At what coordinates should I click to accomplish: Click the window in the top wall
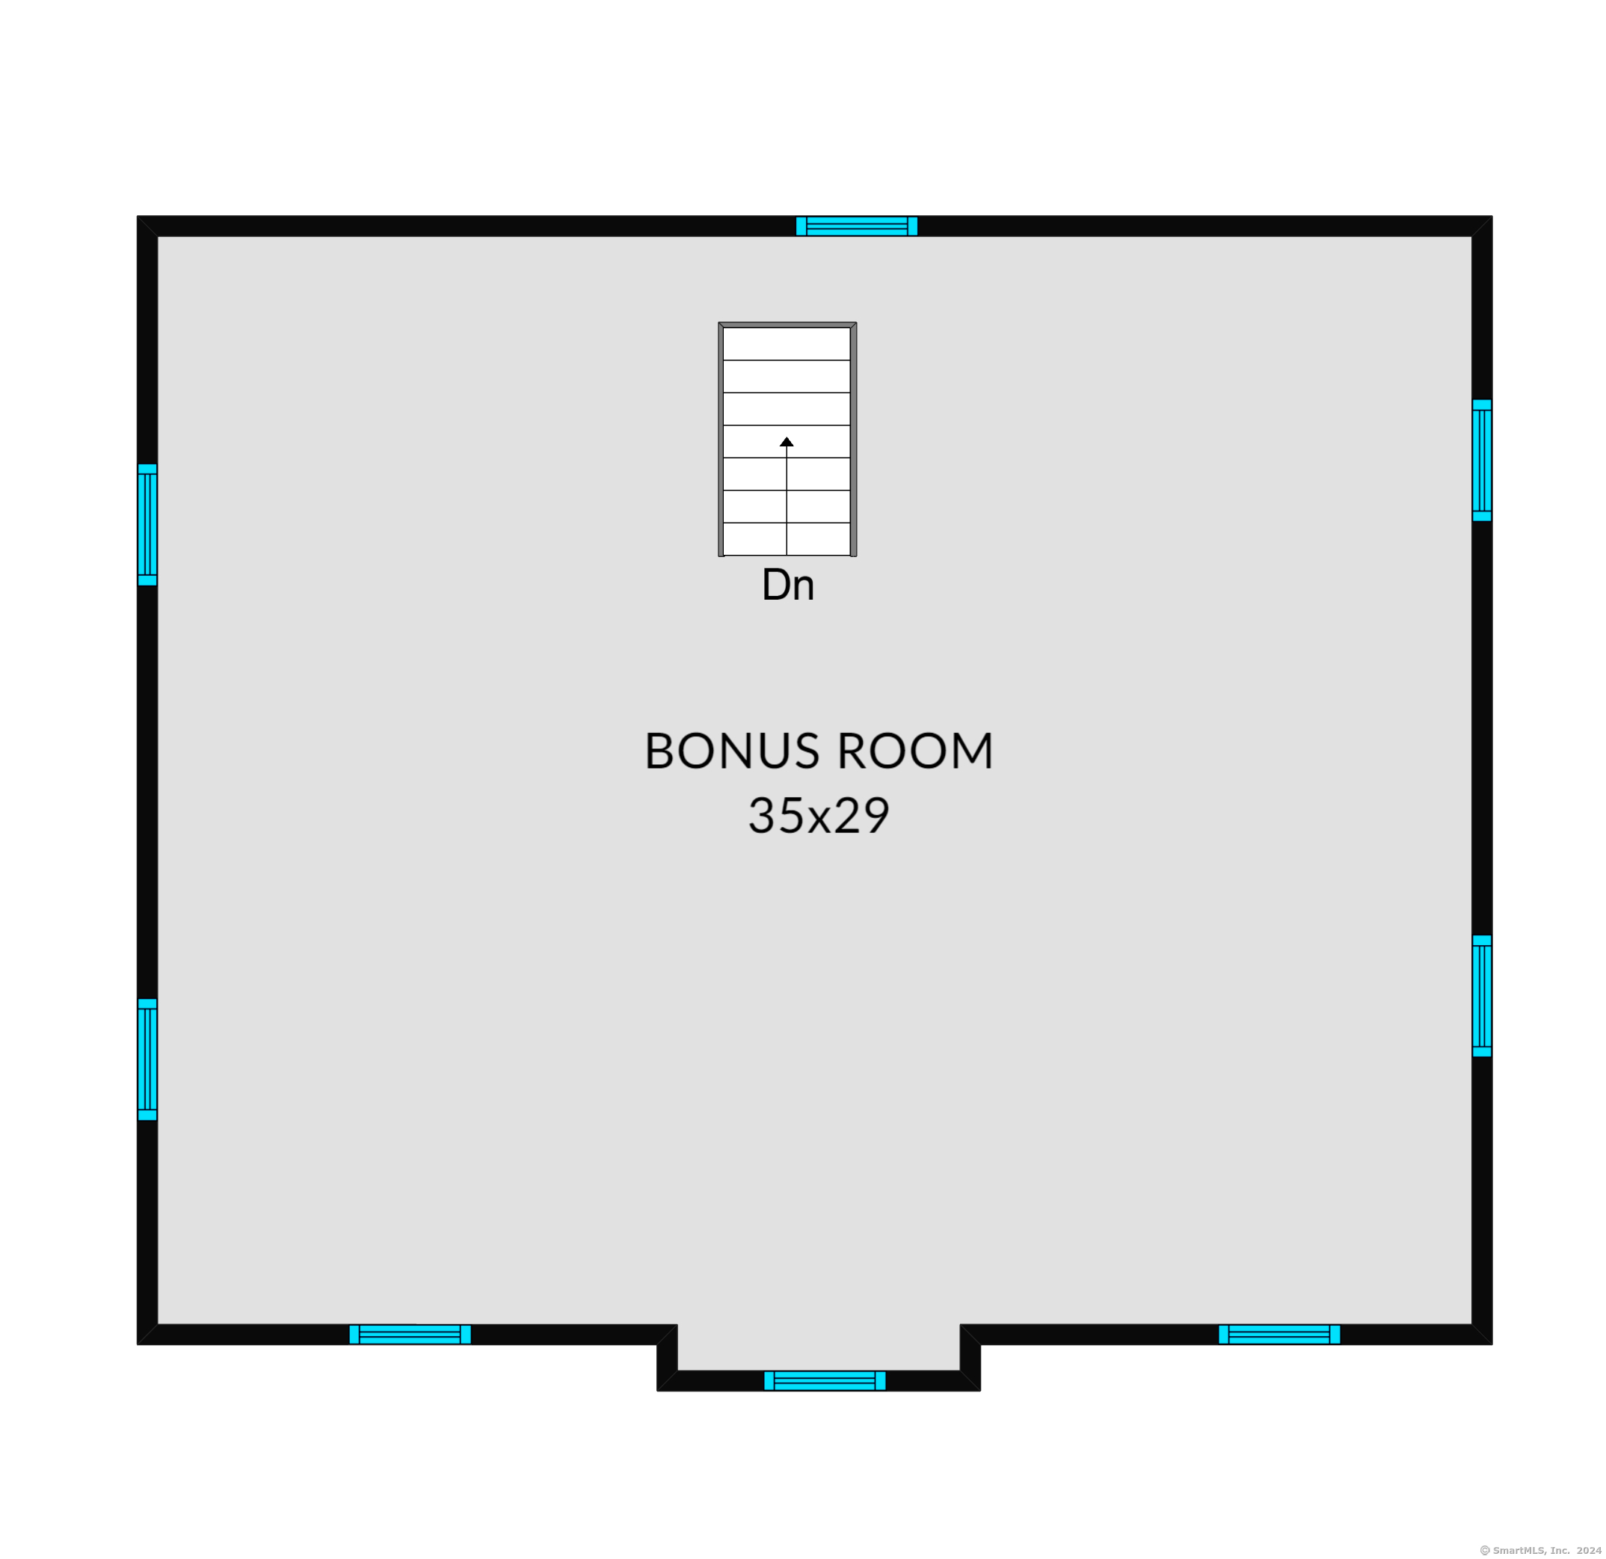tap(856, 226)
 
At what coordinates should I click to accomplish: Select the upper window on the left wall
tap(147, 524)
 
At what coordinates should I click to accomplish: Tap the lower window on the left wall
tap(147, 1060)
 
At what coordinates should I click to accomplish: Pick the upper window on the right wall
tap(1481, 460)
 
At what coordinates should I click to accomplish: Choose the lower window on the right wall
tap(1481, 995)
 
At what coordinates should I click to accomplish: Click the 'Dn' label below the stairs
tap(787, 585)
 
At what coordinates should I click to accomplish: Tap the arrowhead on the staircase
tap(787, 442)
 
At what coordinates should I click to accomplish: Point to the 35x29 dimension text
tap(819, 815)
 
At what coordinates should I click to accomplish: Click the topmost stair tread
tap(787, 344)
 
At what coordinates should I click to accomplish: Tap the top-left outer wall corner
tap(138, 216)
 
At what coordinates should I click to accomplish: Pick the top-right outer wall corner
tap(1492, 216)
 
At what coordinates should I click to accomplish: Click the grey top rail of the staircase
tap(787, 325)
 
